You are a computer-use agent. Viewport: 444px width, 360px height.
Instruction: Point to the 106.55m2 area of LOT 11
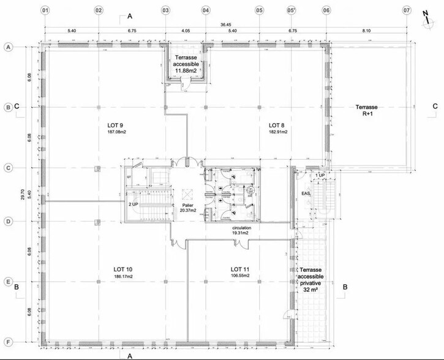point(240,276)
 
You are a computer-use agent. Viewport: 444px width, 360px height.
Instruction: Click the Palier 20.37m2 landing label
point(187,207)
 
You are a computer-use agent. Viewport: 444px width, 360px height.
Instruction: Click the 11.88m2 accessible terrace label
point(186,71)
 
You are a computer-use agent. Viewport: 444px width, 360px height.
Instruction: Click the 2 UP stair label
point(133,203)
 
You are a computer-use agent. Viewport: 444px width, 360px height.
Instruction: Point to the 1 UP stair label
point(320,176)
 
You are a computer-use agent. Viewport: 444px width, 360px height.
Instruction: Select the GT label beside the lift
point(129,178)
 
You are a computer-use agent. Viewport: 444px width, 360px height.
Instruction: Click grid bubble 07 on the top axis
point(406,10)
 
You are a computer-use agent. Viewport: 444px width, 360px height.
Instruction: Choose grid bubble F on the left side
point(9,342)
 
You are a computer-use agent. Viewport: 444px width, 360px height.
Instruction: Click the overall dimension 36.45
point(226,25)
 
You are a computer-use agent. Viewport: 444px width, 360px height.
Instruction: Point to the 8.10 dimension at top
point(366,30)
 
